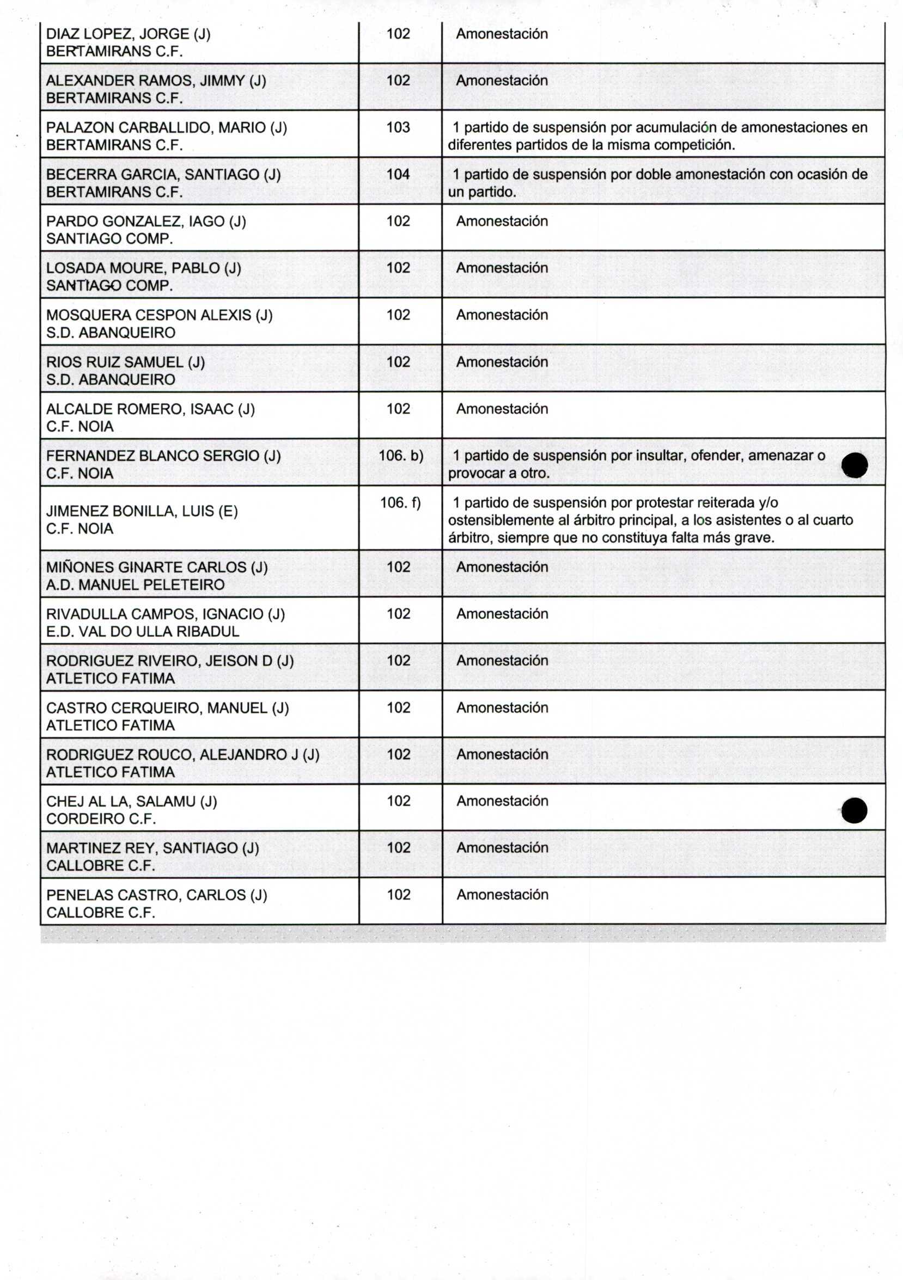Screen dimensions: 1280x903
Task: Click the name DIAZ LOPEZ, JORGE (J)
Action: (x=129, y=34)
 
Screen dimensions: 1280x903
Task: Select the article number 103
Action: (x=398, y=128)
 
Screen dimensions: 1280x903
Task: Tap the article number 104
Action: (x=398, y=175)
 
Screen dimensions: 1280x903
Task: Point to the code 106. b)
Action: (x=401, y=456)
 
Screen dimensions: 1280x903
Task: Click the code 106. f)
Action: (x=400, y=503)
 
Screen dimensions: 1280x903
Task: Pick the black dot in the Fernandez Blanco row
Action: (x=855, y=465)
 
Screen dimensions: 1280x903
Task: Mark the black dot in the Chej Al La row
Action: (x=855, y=810)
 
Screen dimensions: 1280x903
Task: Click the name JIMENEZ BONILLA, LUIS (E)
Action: (x=142, y=511)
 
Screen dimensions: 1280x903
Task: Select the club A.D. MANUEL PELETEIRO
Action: (x=136, y=585)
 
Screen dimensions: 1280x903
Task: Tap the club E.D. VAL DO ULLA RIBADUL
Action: (x=143, y=632)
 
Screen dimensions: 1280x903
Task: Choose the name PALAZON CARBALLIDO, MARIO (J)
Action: (x=167, y=128)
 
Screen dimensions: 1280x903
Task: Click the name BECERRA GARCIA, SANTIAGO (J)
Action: (x=163, y=175)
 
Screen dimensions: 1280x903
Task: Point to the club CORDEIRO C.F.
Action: (x=101, y=819)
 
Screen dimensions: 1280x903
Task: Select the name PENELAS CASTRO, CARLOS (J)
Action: (x=157, y=895)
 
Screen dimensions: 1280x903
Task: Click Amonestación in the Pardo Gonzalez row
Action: (x=502, y=221)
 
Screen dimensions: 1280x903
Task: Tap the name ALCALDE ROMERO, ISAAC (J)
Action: (x=151, y=409)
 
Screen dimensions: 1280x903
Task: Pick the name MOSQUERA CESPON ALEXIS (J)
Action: (x=160, y=315)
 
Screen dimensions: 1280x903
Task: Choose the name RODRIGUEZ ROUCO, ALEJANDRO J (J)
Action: (x=183, y=754)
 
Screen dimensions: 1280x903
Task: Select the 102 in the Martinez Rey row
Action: (x=398, y=848)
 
